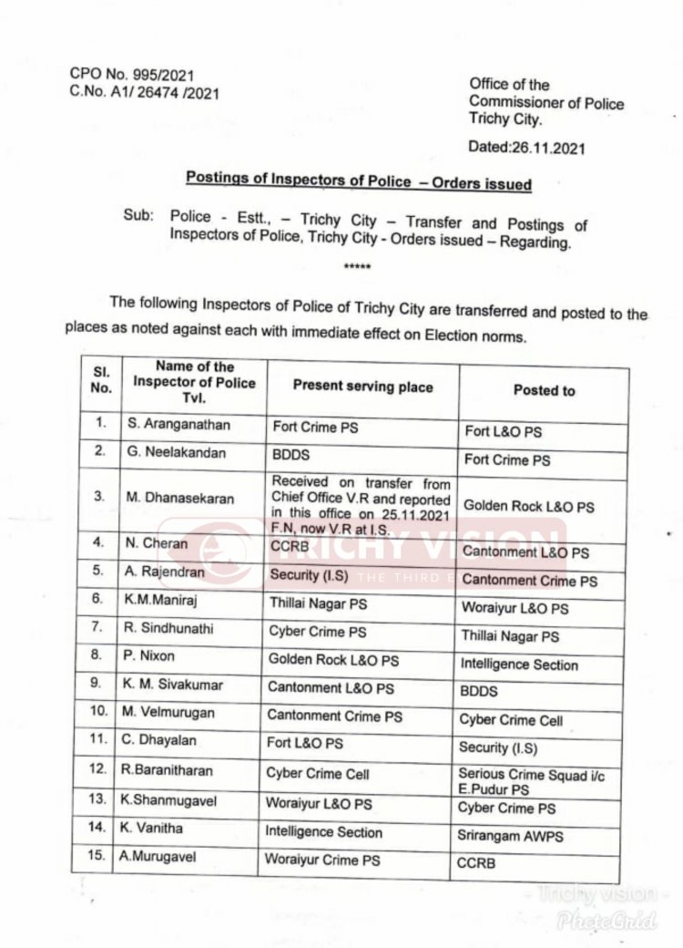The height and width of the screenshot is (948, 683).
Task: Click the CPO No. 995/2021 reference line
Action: (x=133, y=74)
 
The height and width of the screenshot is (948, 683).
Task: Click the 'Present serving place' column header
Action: (x=362, y=386)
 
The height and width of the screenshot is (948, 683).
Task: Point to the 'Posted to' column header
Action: (x=544, y=390)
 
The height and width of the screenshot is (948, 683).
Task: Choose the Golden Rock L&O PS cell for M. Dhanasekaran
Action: (x=528, y=504)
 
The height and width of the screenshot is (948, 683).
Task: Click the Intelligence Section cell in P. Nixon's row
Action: (x=519, y=665)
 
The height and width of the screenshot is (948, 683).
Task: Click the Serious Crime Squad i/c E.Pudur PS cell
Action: (x=531, y=780)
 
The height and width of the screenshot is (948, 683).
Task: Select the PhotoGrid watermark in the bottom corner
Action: (x=621, y=922)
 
